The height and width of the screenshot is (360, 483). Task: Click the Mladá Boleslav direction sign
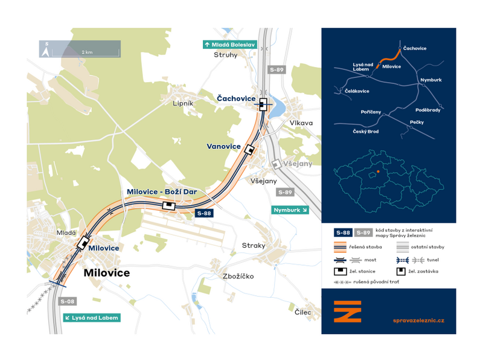pyautogui.click(x=229, y=45)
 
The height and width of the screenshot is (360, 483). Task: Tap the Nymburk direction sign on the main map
pyautogui.click(x=290, y=210)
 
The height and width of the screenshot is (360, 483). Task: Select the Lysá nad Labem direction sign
pyautogui.click(x=92, y=318)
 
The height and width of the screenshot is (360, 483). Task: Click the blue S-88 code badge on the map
pyautogui.click(x=204, y=213)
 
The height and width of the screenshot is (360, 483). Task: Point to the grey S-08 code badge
pyautogui.click(x=68, y=301)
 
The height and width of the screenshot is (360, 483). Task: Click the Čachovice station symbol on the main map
pyautogui.click(x=263, y=104)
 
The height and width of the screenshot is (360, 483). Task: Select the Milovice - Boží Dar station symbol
pyautogui.click(x=169, y=205)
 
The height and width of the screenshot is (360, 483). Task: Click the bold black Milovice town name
pyautogui.click(x=107, y=273)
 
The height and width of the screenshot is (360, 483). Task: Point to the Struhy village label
pyautogui.click(x=226, y=55)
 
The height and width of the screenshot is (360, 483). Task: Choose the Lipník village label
pyautogui.click(x=183, y=103)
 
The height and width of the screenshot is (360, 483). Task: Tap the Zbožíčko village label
pyautogui.click(x=238, y=276)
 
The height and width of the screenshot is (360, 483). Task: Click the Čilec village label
pyautogui.click(x=303, y=312)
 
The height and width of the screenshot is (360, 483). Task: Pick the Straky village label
pyautogui.click(x=254, y=246)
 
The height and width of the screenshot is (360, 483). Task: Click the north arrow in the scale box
pyautogui.click(x=46, y=50)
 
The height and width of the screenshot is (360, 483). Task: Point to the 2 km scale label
pyautogui.click(x=87, y=53)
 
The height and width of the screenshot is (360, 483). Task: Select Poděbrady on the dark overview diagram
pyautogui.click(x=428, y=110)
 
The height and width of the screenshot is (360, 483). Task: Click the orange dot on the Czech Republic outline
pyautogui.click(x=379, y=172)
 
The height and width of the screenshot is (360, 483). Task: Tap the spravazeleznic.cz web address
pyautogui.click(x=418, y=321)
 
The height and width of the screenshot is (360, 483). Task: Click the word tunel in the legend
pyautogui.click(x=433, y=260)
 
